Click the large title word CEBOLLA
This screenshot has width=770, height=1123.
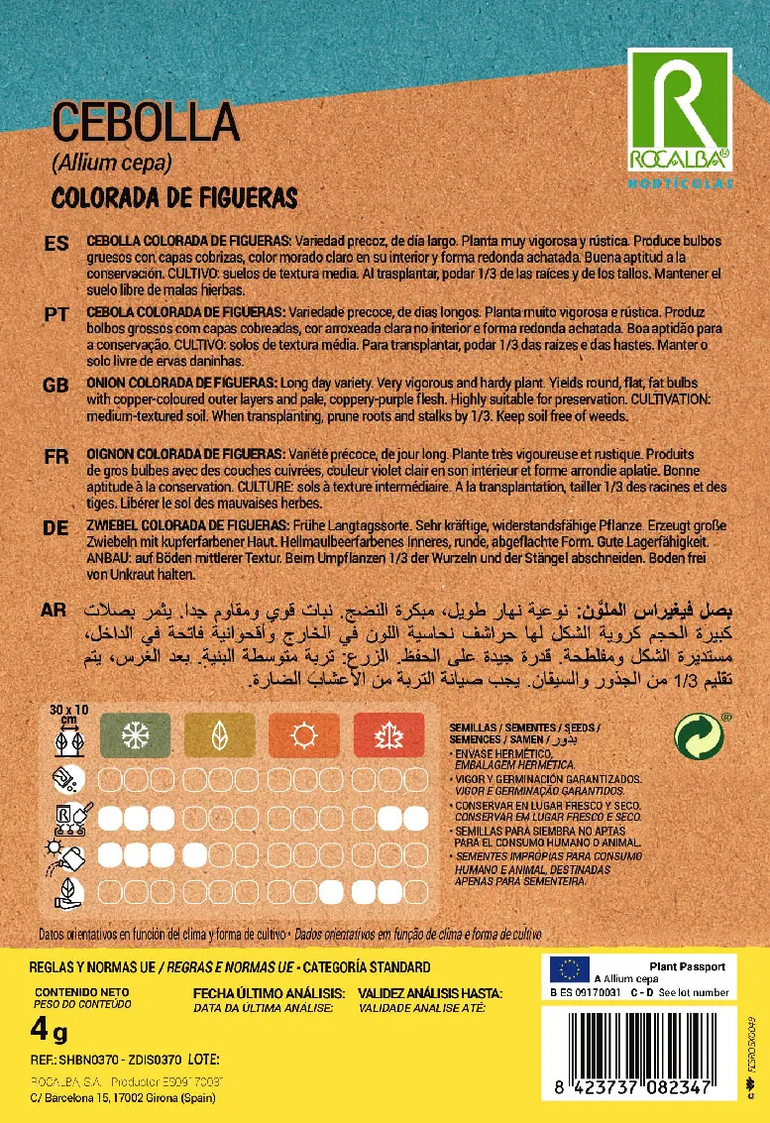point(146,122)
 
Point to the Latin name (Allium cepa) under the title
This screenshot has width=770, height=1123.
point(112,163)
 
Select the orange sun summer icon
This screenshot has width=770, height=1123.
point(299,734)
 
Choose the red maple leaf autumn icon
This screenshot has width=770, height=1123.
point(385,734)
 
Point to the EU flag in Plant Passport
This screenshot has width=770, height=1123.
point(570,967)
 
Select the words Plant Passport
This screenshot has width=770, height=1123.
point(687,966)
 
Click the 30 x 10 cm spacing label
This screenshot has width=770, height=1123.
point(68,714)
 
